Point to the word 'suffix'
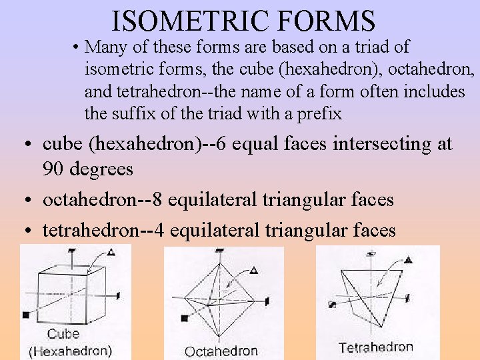click(136, 114)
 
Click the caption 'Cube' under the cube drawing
click(63, 334)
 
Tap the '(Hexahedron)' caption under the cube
click(71, 349)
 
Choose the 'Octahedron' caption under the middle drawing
click(221, 351)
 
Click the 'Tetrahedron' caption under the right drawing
click(375, 347)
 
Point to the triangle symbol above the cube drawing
click(111, 251)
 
